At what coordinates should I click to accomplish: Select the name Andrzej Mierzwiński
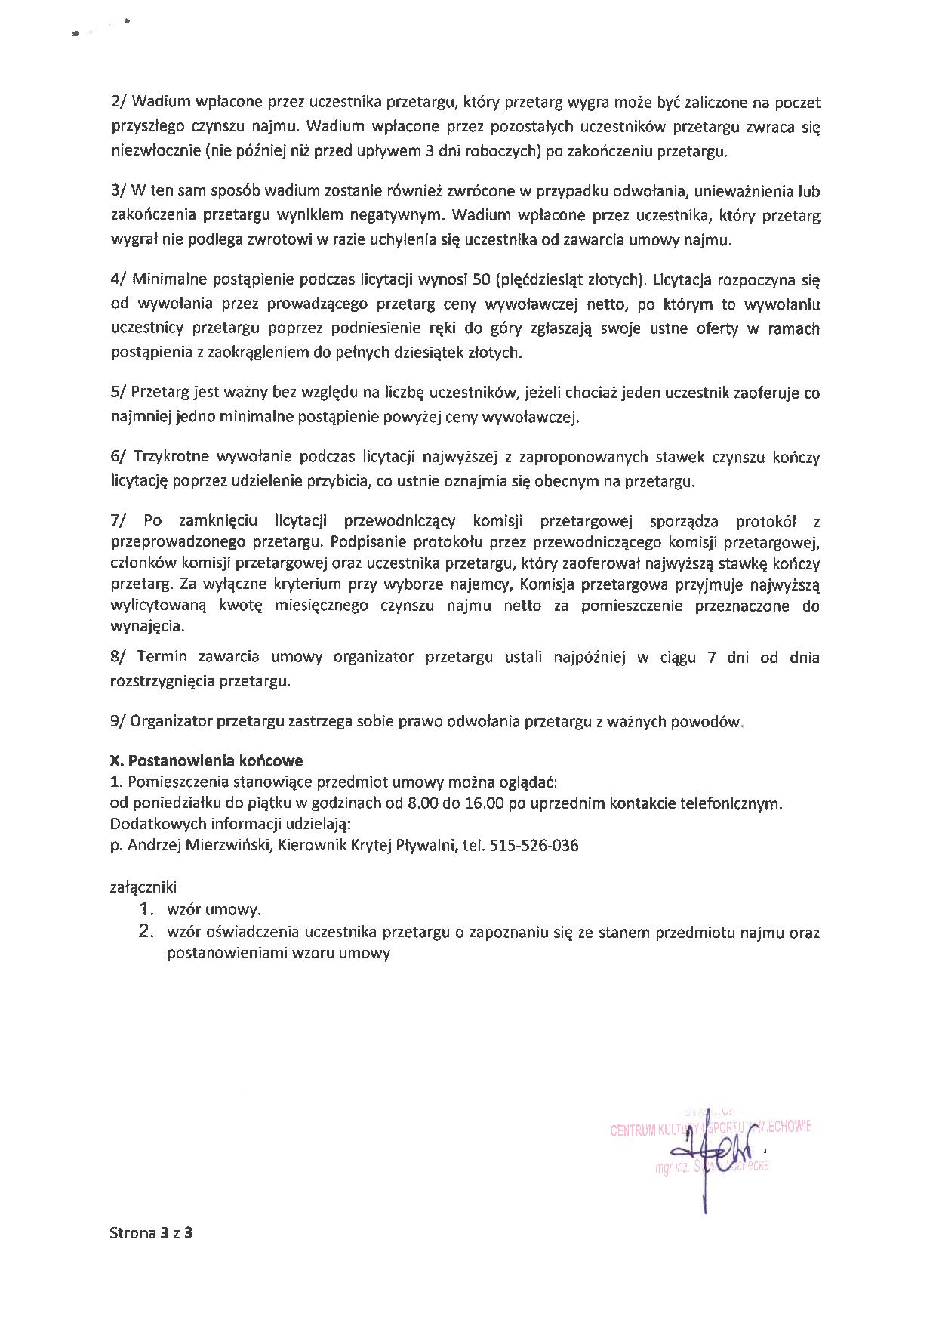[200, 846]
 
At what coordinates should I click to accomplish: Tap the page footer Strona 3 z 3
[152, 1234]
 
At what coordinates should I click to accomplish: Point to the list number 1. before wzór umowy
[147, 910]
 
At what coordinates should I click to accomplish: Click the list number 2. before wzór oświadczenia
[147, 932]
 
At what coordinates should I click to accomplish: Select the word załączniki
[143, 888]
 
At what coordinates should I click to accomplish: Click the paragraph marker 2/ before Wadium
[120, 102]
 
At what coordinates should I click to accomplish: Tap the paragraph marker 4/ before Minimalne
[120, 280]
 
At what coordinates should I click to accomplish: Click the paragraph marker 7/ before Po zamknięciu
[120, 521]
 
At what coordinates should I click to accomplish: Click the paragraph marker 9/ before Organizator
[120, 722]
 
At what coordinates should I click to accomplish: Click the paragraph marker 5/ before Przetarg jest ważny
[120, 393]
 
